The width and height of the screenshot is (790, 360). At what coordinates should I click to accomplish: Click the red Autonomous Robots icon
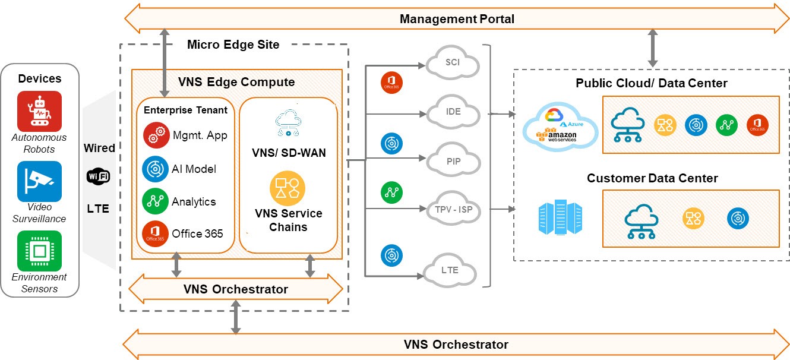click(39, 111)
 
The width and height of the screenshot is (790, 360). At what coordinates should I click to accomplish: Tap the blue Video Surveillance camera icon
click(39, 181)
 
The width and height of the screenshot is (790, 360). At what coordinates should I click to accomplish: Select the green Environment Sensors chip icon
click(39, 251)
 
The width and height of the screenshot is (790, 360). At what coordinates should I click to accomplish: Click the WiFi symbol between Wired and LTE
click(99, 176)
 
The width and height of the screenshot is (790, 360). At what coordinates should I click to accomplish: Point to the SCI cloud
click(453, 63)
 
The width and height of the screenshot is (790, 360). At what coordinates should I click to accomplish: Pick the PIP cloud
click(453, 160)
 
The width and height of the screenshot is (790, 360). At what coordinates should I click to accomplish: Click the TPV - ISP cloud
click(453, 209)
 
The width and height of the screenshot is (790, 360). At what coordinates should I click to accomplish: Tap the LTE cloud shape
click(450, 270)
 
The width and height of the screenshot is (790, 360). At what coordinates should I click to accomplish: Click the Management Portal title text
click(457, 19)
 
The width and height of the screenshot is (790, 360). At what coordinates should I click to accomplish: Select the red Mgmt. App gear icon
click(154, 135)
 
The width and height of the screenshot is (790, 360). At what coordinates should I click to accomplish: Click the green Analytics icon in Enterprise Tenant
click(154, 201)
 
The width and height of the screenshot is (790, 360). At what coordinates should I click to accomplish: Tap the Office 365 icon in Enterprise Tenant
click(154, 233)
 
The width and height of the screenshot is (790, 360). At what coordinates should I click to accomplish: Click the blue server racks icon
click(560, 218)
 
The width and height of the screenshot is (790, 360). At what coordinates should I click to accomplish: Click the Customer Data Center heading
click(652, 178)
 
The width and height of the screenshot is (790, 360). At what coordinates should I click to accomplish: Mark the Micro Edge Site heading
click(233, 45)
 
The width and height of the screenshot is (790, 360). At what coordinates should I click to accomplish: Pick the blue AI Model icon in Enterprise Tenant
click(154, 169)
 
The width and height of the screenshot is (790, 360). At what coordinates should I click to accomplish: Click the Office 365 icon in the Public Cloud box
click(758, 125)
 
